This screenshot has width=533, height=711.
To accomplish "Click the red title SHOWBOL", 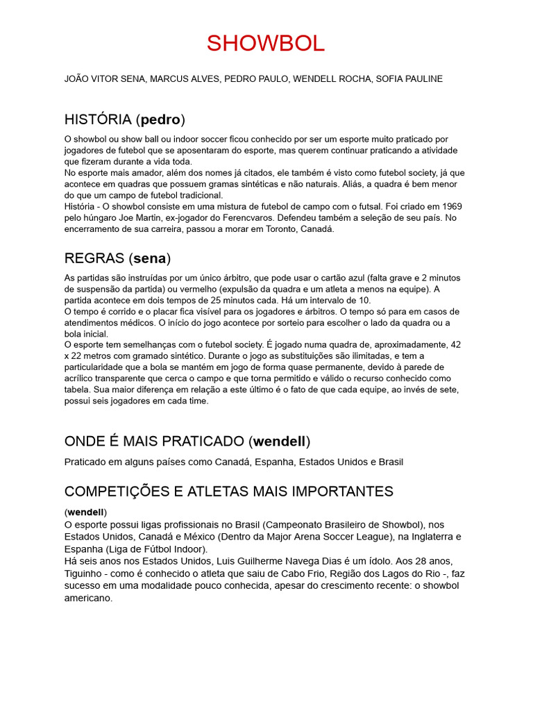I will click(266, 43).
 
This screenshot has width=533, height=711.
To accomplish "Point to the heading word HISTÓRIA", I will click(98, 119).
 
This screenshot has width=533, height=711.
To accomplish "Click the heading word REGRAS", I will click(94, 258).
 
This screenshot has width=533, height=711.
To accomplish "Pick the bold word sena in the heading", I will click(150, 258).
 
